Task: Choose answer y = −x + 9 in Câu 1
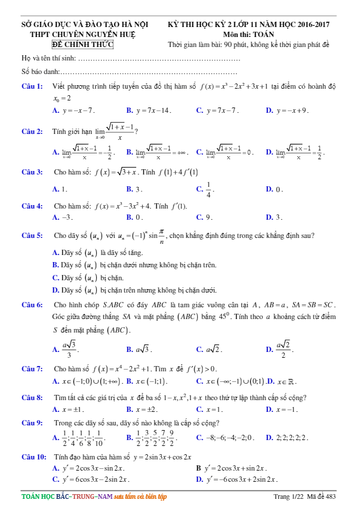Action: (x=291, y=110)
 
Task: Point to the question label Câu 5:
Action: (x=32, y=236)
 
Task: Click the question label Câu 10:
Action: (x=33, y=457)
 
